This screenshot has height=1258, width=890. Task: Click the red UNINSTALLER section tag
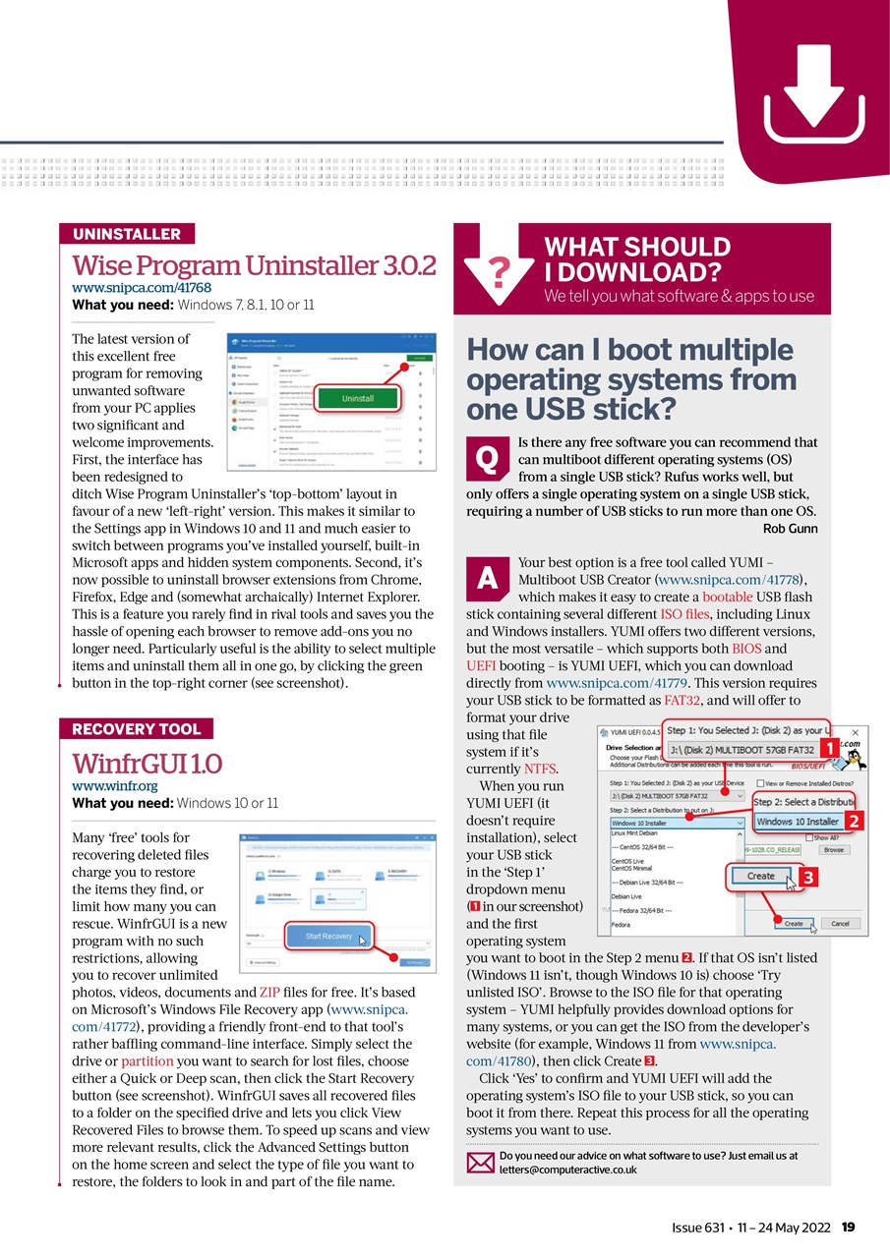[x=127, y=234]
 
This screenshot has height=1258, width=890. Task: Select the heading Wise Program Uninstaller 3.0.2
[x=254, y=265]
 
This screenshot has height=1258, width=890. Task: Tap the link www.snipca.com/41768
[x=142, y=288]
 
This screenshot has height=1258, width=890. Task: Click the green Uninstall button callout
[x=357, y=399]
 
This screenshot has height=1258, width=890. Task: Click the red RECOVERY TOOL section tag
[x=136, y=729]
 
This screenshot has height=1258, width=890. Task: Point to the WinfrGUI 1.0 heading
[x=148, y=764]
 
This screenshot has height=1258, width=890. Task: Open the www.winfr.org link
[x=114, y=786]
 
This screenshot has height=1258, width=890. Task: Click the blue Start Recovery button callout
[x=329, y=936]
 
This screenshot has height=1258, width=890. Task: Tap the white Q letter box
[x=486, y=457]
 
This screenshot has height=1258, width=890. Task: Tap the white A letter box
[x=486, y=579]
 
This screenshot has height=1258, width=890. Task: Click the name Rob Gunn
[x=790, y=529]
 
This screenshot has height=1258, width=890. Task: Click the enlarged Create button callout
[x=761, y=876]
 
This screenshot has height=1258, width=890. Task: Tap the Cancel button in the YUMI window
[x=840, y=924]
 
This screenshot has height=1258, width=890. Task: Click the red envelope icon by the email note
[x=479, y=1163]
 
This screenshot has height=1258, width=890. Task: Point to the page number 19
[x=849, y=1227]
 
